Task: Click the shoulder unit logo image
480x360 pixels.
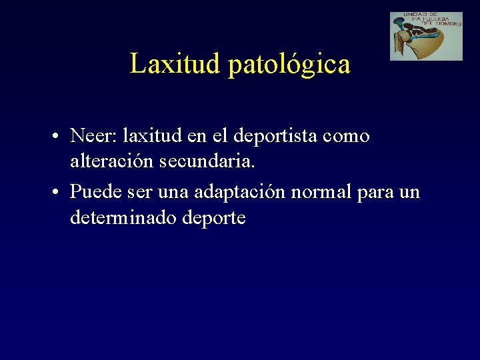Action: pos(426,36)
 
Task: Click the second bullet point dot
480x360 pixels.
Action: pos(59,193)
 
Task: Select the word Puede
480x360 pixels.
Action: pos(92,193)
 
